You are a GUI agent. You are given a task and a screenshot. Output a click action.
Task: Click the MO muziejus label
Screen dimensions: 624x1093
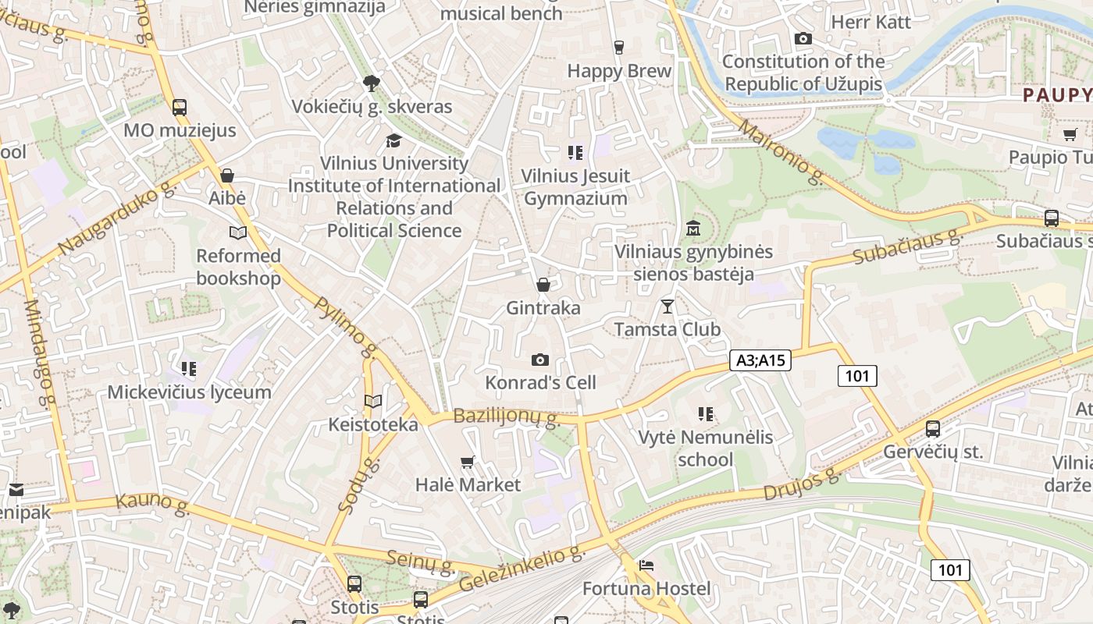click(180, 130)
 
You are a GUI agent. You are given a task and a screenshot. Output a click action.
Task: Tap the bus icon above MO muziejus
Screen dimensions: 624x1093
click(180, 108)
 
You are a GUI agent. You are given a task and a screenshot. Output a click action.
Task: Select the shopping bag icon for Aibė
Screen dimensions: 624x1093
click(227, 175)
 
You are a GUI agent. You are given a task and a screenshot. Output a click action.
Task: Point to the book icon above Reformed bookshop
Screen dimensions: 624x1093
click(238, 232)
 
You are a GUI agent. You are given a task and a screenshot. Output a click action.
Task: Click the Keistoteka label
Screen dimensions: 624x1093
click(373, 424)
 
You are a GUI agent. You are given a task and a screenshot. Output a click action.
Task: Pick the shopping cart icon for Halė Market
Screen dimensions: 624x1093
click(468, 462)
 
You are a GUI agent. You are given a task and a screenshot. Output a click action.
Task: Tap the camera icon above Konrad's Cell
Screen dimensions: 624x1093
click(540, 360)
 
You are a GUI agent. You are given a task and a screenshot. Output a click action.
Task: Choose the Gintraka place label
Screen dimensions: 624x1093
click(543, 308)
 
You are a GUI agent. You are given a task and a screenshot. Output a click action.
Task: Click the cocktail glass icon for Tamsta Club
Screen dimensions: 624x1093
click(668, 306)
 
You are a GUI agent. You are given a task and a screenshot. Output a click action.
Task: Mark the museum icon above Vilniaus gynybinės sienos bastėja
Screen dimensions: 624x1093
click(693, 229)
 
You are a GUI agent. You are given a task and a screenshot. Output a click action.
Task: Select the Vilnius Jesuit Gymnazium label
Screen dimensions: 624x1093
click(575, 187)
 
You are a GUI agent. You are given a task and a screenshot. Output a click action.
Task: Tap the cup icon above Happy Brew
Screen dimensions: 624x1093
click(619, 48)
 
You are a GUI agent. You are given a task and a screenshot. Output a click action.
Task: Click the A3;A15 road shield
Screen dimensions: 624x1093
click(760, 360)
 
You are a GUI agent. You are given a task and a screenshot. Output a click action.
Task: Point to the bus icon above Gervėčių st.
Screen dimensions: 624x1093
click(933, 428)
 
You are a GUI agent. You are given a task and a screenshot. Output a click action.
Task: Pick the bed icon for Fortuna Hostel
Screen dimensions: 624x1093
click(646, 565)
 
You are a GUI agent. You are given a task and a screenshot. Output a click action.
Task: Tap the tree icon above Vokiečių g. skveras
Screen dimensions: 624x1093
click(372, 83)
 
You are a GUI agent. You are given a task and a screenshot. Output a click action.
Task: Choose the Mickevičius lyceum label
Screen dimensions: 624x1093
click(189, 392)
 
